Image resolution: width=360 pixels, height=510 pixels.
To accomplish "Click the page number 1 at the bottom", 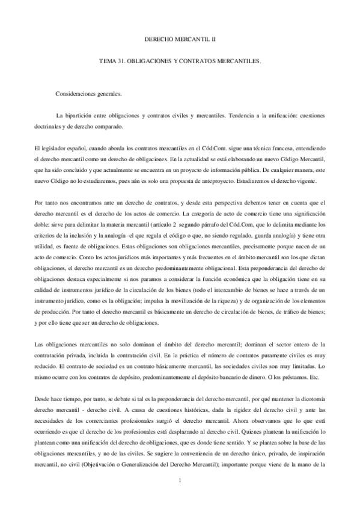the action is (x=180, y=479).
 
